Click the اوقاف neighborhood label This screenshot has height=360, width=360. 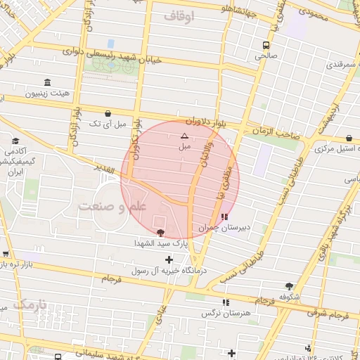point(178,15)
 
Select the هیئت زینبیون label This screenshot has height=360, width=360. point(47,93)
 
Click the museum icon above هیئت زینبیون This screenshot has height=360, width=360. point(47,82)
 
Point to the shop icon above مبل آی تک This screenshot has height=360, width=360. point(108,112)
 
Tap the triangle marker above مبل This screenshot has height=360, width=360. point(184,136)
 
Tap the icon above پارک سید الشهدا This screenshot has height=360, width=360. point(160,231)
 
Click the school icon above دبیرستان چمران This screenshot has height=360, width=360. point(224,217)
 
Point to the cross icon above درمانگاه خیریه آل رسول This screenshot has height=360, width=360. point(169,259)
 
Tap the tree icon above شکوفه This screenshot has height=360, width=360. point(289,285)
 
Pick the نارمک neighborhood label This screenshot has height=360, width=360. point(28,305)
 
